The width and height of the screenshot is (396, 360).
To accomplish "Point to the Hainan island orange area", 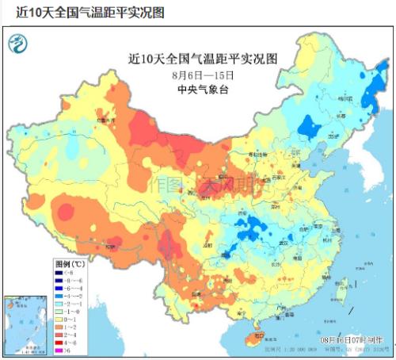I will pyautogui.click(x=252, y=339).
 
